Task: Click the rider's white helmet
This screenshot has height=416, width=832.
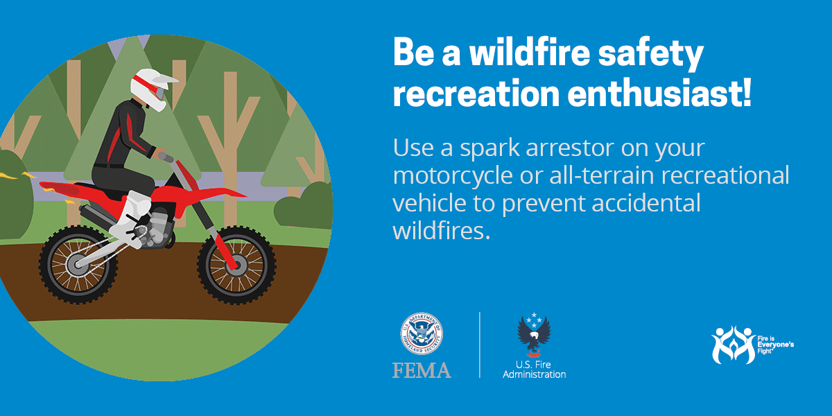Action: point(150,89)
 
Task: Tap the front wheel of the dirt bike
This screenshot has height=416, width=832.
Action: point(236,265)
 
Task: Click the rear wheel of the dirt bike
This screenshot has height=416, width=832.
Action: point(78,264)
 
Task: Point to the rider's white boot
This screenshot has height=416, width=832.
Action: point(130,219)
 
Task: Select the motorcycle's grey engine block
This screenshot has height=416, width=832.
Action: point(158,227)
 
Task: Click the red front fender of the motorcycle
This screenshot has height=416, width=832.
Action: point(219,193)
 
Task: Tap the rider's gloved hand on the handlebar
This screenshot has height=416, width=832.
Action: point(160,153)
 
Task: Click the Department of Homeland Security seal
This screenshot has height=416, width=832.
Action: point(422,333)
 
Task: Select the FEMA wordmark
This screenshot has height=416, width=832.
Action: point(422,370)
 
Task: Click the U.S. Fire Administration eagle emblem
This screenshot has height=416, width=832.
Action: point(534,335)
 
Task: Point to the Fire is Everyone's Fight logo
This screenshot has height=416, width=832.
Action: point(752,345)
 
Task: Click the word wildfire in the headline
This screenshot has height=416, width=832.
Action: point(530,53)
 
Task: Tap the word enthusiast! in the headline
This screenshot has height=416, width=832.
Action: point(659,93)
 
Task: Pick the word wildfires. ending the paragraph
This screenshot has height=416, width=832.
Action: point(442,230)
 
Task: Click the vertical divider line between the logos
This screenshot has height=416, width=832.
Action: point(480,345)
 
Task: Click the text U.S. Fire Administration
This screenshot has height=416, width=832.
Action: point(534,370)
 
